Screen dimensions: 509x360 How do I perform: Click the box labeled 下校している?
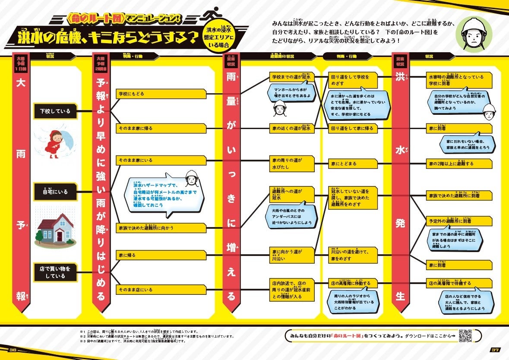[x=55, y=111]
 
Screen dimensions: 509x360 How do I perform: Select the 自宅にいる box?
[x=55, y=192]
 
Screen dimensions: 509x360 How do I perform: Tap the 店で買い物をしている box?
[x=55, y=272]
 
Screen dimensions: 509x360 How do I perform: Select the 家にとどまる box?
[x=352, y=164]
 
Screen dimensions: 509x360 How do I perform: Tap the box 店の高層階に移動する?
[x=352, y=284]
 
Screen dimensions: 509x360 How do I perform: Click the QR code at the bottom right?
[x=465, y=336]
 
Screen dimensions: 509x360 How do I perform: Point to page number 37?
[x=495, y=350]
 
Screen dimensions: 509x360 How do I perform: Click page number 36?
[x=12, y=350]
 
